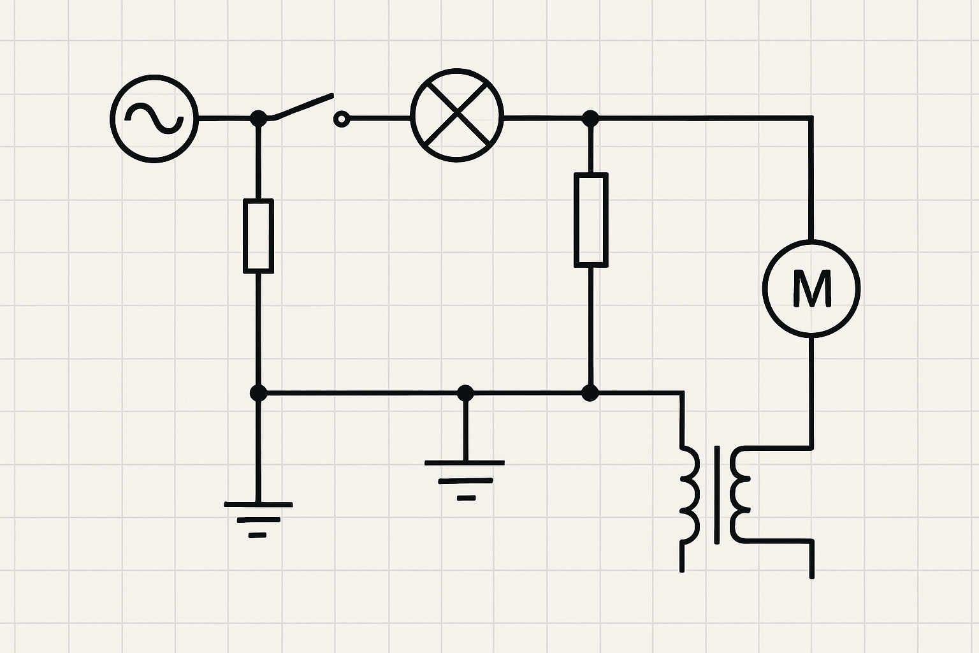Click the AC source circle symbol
[154, 119]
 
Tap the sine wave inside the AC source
[154, 119]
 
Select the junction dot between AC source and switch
[258, 118]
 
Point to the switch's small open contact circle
[342, 119]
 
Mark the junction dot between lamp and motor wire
[591, 118]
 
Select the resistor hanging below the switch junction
[258, 236]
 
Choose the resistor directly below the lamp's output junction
[591, 219]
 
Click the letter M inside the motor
[811, 288]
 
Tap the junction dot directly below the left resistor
[258, 393]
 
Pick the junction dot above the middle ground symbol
[465, 393]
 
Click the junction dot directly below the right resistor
[591, 393]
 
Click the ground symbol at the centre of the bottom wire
[465, 478]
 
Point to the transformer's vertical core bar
[718, 494]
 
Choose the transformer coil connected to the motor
[741, 494]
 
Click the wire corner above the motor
[811, 118]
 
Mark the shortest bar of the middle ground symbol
[466, 497]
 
